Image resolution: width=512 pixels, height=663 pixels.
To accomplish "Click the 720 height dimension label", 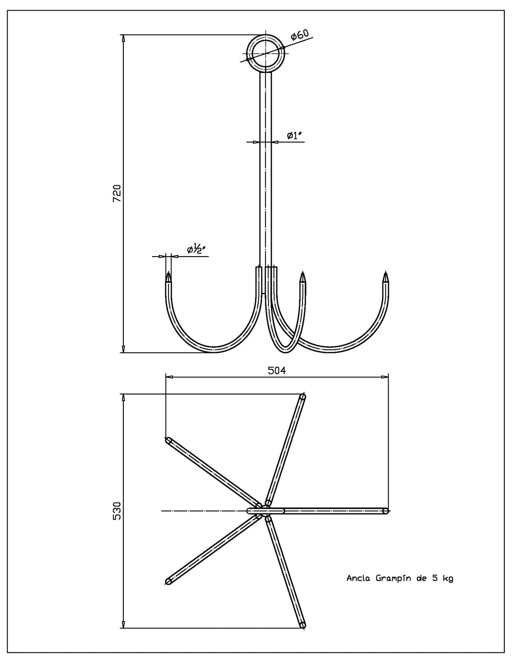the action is [117, 193].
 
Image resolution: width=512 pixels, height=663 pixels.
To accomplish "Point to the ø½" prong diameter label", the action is [197, 249].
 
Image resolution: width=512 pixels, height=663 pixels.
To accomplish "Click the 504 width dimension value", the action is [277, 371].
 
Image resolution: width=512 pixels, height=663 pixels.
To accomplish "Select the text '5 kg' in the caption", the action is [442, 578].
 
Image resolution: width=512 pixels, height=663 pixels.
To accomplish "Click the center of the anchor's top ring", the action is [266, 53].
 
